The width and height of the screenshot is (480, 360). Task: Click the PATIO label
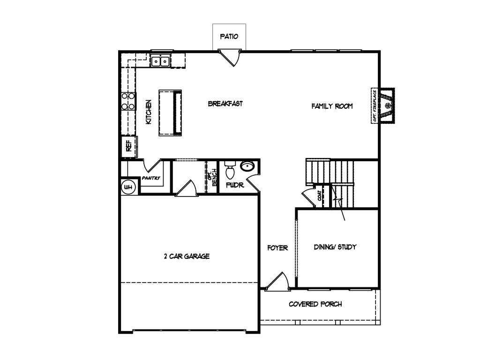tap(229, 37)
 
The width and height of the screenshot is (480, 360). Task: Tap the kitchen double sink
tap(160, 60)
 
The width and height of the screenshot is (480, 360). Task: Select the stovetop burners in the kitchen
tap(128, 101)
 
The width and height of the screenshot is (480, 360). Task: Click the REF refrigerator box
tap(129, 146)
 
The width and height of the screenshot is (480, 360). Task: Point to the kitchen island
tap(170, 112)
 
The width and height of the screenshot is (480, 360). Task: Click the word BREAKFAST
tap(225, 104)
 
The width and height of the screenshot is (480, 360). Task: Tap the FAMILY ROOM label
tap(332, 106)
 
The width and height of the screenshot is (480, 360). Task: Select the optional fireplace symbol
tap(383, 105)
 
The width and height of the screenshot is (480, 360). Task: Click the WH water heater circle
tap(128, 187)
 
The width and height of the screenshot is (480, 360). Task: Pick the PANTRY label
tap(151, 178)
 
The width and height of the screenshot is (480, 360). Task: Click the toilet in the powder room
tap(230, 171)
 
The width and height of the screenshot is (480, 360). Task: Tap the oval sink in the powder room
tap(247, 166)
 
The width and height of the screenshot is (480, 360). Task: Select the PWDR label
tap(235, 185)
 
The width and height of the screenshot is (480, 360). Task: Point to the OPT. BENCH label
tap(212, 177)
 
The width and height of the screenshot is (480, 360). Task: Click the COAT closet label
tap(320, 195)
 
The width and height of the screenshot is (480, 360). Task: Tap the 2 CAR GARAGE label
tap(187, 256)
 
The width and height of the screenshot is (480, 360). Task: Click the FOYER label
tap(277, 248)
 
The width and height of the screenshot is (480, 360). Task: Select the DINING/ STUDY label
tap(335, 247)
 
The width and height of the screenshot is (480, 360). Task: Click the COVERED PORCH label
tap(315, 304)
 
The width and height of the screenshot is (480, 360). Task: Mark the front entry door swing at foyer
tap(277, 281)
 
